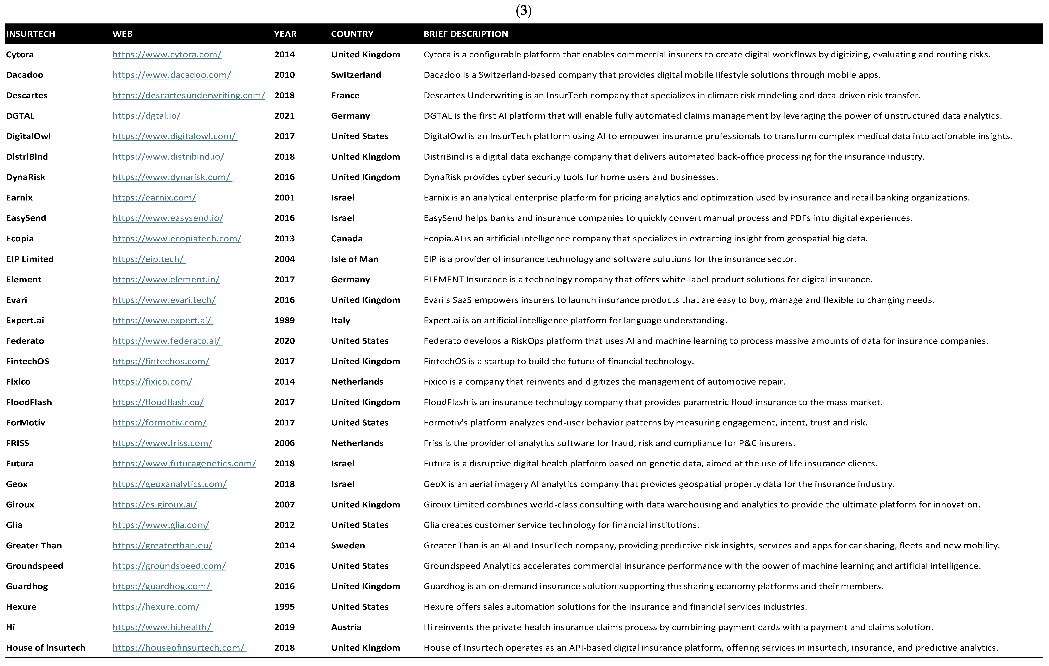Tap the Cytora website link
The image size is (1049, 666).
tap(167, 54)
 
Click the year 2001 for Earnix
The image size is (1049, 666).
tap(284, 198)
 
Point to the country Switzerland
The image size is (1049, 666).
tap(356, 75)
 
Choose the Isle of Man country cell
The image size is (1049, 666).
tap(355, 259)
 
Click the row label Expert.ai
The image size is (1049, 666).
tap(25, 320)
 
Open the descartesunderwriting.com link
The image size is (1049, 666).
tap(189, 95)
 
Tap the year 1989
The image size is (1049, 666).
tap(284, 320)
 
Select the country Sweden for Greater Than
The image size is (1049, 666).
tap(348, 545)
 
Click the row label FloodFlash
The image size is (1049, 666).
tap(29, 402)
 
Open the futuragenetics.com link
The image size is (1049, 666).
tap(184, 464)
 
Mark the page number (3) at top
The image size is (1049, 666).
tap(524, 10)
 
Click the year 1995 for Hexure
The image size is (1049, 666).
tap(284, 607)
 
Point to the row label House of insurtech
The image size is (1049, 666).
tap(45, 648)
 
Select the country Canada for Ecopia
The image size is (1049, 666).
tap(347, 238)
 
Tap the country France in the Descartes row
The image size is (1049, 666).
tap(345, 95)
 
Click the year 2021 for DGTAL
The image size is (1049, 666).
tap(284, 116)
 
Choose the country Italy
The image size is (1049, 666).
tap(340, 320)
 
